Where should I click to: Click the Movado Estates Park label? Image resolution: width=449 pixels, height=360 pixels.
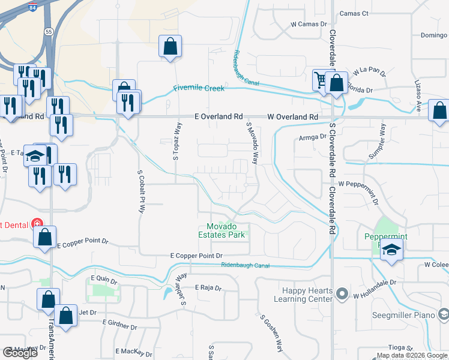pos(226,230)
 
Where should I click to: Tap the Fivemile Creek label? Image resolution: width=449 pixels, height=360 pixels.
pos(199,88)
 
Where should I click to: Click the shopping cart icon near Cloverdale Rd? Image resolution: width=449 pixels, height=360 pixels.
pos(321,79)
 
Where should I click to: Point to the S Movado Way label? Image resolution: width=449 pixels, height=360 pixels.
pos(252,143)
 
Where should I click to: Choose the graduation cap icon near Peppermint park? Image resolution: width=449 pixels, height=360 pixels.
pos(390,250)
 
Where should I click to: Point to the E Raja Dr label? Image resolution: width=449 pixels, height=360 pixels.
pos(208,287)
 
